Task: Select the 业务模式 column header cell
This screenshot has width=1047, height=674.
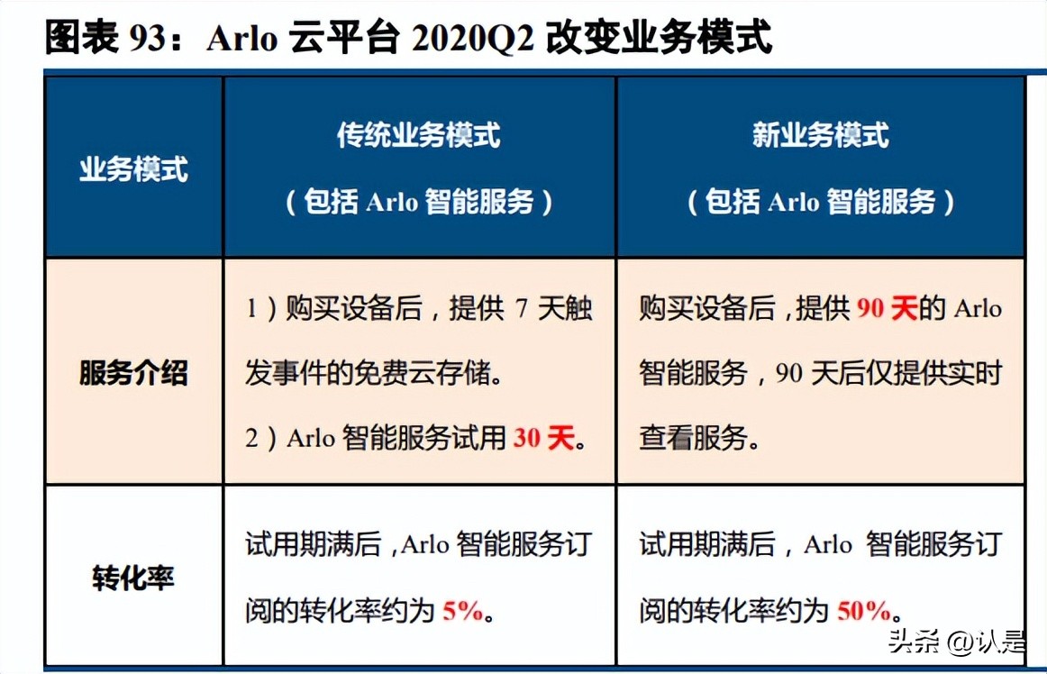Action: click(133, 168)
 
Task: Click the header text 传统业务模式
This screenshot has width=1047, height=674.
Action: click(419, 135)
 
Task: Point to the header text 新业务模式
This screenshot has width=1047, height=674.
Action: click(820, 135)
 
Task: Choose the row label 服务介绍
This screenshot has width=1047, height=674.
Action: click(133, 372)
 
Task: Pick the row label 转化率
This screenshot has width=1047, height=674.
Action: click(133, 578)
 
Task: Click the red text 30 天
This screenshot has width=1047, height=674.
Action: click(543, 439)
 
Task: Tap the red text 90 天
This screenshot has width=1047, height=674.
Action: click(887, 309)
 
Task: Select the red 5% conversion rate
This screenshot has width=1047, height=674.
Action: click(463, 611)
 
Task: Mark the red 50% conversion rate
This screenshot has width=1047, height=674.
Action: click(864, 611)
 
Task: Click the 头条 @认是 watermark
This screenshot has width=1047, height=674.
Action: click(956, 642)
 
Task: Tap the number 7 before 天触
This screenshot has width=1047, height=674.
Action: click(521, 309)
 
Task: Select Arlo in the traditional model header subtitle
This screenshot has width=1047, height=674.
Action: click(392, 202)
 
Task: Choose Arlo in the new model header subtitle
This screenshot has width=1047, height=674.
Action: click(794, 202)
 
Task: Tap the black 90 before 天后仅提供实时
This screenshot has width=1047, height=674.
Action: click(789, 372)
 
